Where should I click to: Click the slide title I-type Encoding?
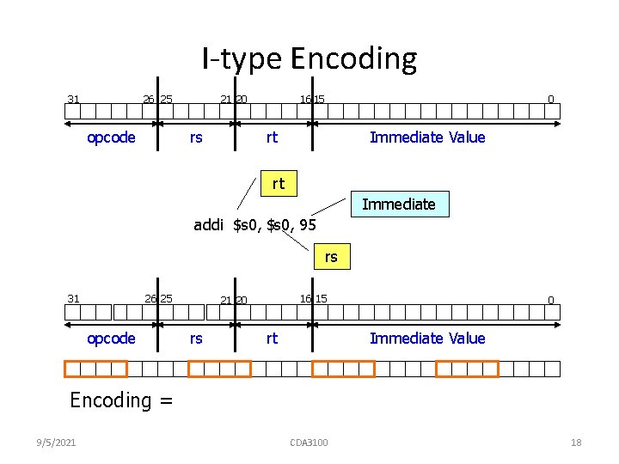[x=309, y=58]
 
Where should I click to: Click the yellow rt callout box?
[x=278, y=183]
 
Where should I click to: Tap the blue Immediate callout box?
[x=398, y=204]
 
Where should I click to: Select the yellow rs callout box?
[x=331, y=256]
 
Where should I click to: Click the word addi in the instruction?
[x=210, y=225]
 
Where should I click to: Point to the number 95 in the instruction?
[x=308, y=225]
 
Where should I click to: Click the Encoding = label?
[x=121, y=400]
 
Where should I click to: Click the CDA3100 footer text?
[x=309, y=443]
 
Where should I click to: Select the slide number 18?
[x=576, y=443]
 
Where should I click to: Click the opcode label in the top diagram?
[x=112, y=137]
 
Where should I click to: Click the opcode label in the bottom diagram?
[x=112, y=339]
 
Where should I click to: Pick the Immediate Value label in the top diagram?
[x=427, y=137]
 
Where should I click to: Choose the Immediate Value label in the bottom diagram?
[x=427, y=339]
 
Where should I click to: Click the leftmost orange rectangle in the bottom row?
[x=96, y=369]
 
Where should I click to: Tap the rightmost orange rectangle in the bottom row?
[x=467, y=369]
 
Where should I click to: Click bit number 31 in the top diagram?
[x=73, y=99]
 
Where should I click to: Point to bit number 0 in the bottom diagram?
[x=551, y=300]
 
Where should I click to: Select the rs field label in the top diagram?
[x=196, y=137]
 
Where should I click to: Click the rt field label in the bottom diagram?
[x=272, y=339]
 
